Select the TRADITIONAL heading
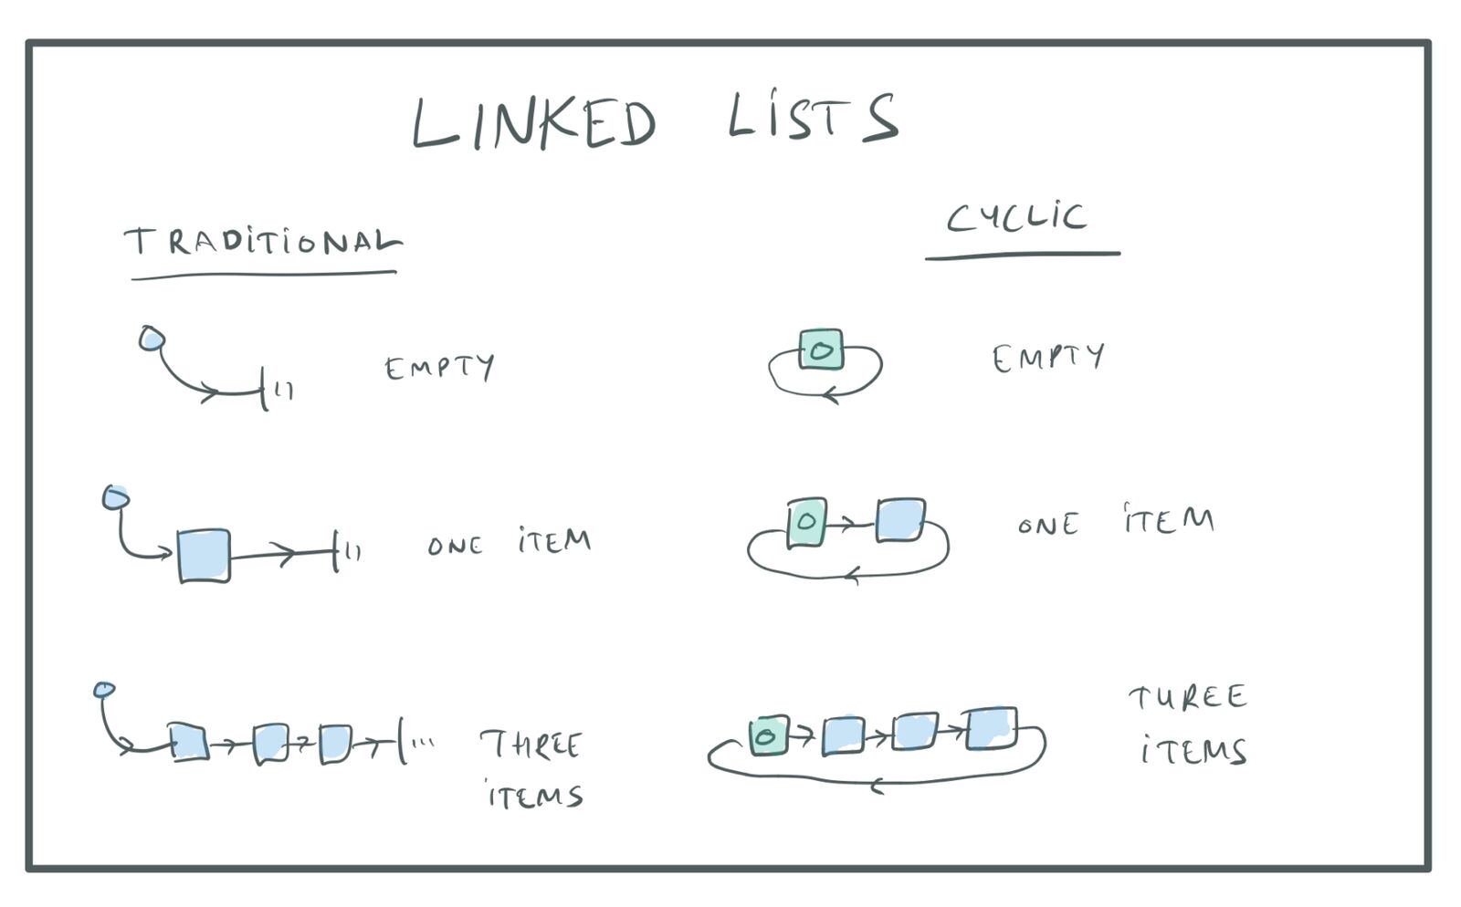[262, 242]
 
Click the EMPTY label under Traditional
[439, 368]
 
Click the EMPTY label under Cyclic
[1048, 358]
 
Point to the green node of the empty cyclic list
[821, 349]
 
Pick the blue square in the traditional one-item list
[204, 555]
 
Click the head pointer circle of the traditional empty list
[152, 339]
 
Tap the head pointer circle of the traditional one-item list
[116, 497]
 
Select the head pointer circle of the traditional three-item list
[104, 689]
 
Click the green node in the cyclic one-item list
[806, 523]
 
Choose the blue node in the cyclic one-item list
[900, 520]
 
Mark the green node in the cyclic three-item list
[768, 735]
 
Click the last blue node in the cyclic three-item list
[992, 728]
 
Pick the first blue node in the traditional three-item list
[188, 742]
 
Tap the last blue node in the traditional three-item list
[335, 744]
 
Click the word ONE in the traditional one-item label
[455, 546]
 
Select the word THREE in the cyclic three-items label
[1187, 698]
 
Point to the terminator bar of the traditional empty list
[264, 390]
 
